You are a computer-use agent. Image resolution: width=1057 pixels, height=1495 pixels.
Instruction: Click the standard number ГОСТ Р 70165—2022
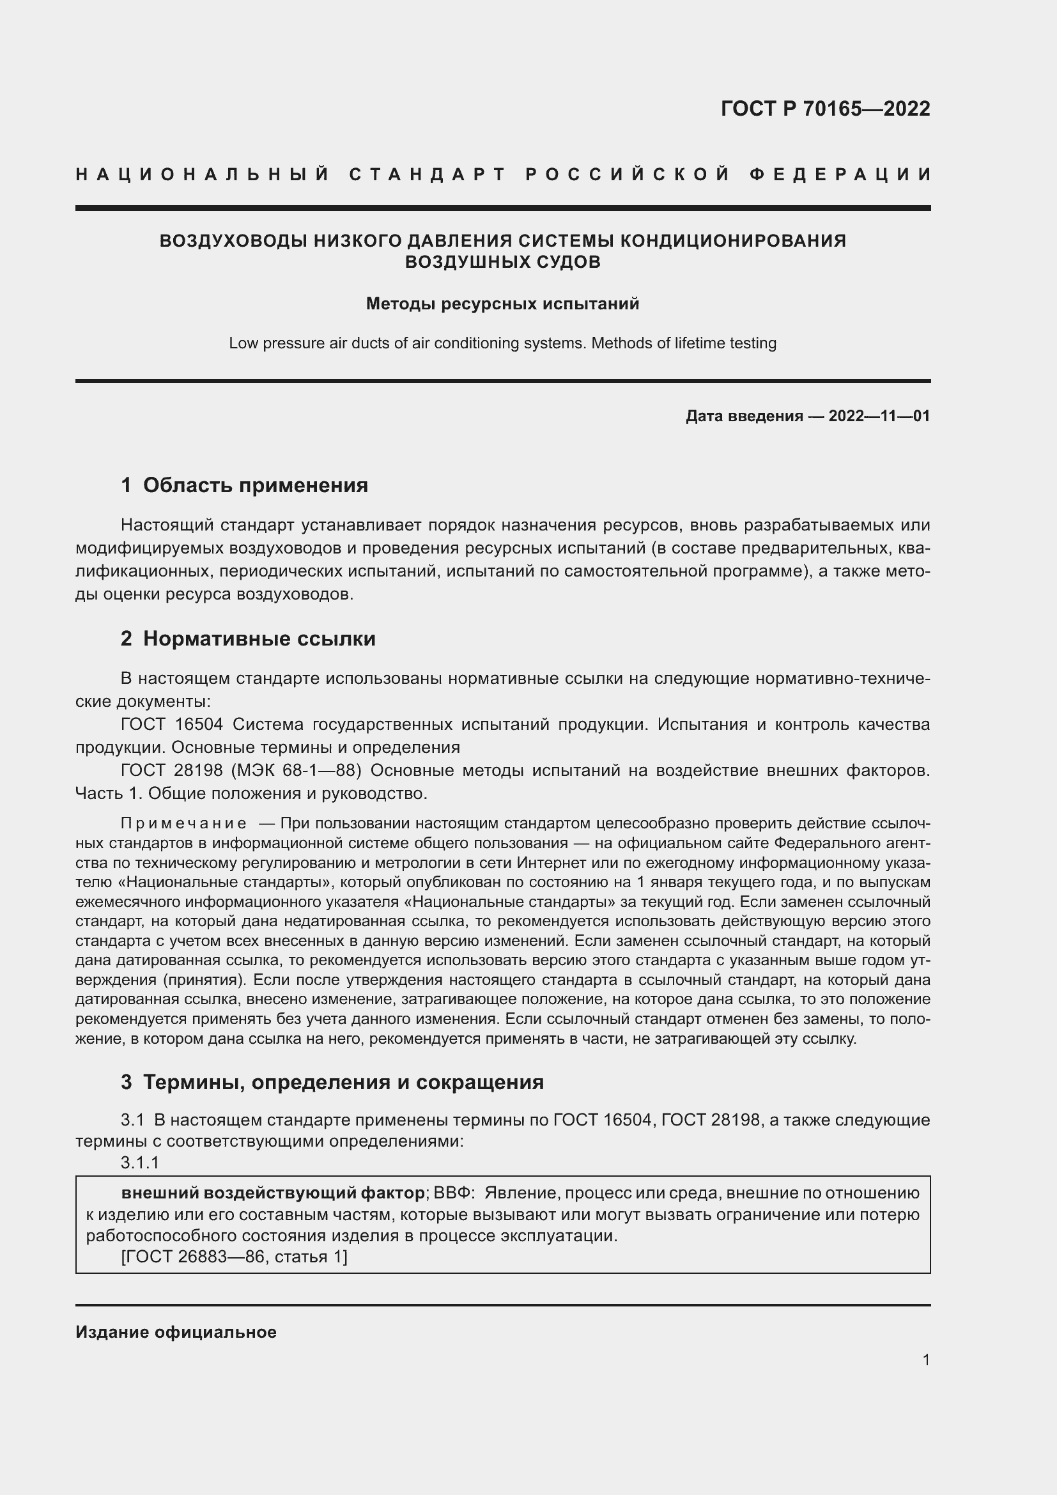(x=824, y=109)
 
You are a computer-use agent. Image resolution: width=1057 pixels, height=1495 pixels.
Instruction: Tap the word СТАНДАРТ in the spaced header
(x=427, y=174)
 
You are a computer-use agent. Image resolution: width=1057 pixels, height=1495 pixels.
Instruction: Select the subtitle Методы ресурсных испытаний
(x=502, y=304)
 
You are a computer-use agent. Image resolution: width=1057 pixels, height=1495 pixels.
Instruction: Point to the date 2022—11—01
(x=879, y=416)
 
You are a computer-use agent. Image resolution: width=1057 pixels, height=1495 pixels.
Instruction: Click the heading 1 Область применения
(x=244, y=485)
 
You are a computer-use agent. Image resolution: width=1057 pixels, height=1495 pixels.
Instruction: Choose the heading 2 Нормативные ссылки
(x=248, y=639)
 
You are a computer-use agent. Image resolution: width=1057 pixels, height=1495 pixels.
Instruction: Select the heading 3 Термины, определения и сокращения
(x=332, y=1082)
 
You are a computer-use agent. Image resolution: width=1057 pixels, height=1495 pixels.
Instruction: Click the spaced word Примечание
(x=183, y=824)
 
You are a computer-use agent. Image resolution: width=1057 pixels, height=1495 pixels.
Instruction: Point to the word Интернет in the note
(x=544, y=863)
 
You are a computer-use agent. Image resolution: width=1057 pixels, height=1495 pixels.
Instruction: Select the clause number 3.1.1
(x=140, y=1163)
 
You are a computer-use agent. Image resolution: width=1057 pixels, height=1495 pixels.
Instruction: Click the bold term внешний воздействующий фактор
(x=273, y=1193)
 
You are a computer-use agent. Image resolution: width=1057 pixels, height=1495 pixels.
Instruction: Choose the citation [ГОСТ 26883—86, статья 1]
(x=235, y=1257)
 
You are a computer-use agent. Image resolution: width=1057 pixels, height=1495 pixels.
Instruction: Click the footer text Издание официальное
(x=176, y=1332)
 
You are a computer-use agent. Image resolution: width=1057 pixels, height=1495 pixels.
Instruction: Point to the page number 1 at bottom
(x=925, y=1360)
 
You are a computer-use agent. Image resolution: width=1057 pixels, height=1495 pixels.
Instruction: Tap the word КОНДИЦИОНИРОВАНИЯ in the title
(x=732, y=241)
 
